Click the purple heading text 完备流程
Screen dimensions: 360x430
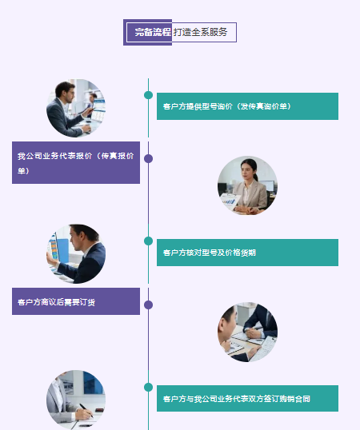click(x=153, y=32)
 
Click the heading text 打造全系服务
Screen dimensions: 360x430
click(x=200, y=32)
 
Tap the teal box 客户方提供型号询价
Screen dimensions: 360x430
click(x=247, y=106)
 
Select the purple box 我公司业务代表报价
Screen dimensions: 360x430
click(x=76, y=162)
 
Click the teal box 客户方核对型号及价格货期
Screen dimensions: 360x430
click(x=247, y=253)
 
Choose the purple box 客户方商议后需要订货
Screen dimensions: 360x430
click(x=76, y=301)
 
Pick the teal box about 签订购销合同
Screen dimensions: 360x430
click(x=247, y=398)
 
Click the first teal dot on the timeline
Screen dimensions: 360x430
click(x=149, y=95)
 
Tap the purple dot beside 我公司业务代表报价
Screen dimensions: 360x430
click(x=149, y=158)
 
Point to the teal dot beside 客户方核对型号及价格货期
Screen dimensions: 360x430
click(x=149, y=241)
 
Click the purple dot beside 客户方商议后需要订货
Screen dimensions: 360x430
click(x=149, y=305)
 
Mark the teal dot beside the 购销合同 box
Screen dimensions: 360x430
click(x=149, y=387)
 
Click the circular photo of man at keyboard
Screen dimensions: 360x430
click(x=76, y=108)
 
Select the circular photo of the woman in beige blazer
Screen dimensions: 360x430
click(x=247, y=185)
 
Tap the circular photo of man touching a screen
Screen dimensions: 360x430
click(x=76, y=254)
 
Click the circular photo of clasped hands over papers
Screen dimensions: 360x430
click(x=247, y=332)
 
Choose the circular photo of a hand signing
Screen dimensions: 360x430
click(x=76, y=400)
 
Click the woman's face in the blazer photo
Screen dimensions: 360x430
click(x=247, y=170)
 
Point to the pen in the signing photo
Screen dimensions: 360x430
click(x=86, y=411)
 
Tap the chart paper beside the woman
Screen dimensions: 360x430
click(x=230, y=201)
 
